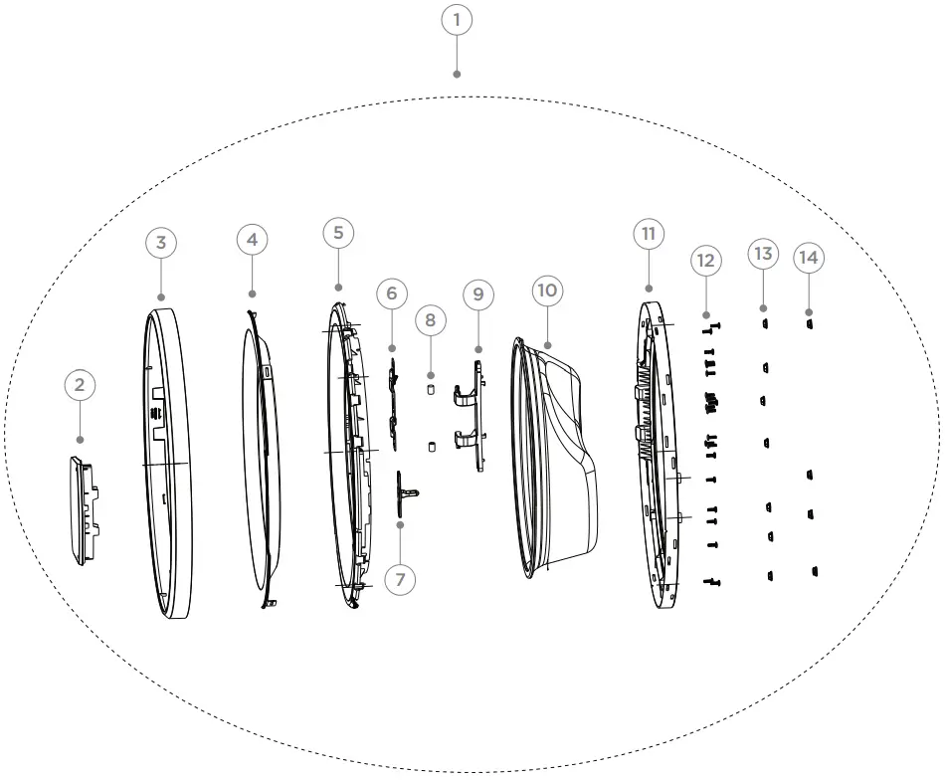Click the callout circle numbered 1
click(x=457, y=20)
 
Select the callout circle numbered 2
click(x=80, y=385)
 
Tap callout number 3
click(x=160, y=242)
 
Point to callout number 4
click(x=253, y=240)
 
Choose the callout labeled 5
click(x=338, y=233)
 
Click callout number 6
click(x=392, y=293)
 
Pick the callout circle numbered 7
click(x=400, y=579)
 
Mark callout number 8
click(x=430, y=320)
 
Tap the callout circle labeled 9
click(x=478, y=294)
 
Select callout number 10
click(x=547, y=290)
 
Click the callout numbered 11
click(x=649, y=234)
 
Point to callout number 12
click(x=705, y=261)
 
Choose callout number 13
click(x=763, y=255)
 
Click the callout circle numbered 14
click(x=809, y=258)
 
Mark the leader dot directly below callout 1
click(x=457, y=74)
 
